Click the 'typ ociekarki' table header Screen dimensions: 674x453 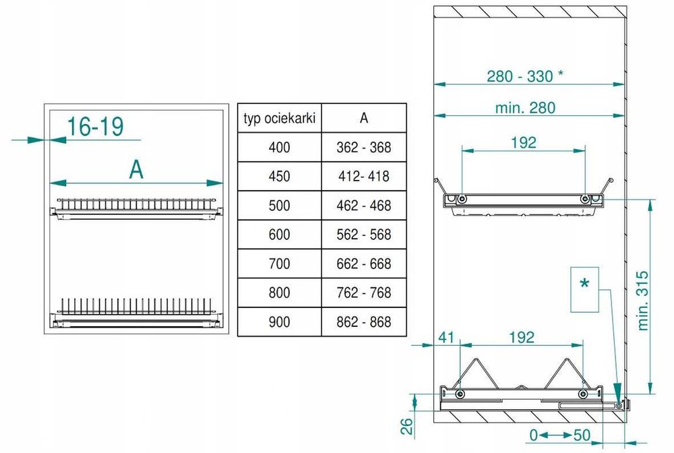[280, 118]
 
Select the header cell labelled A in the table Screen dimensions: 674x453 [364, 118]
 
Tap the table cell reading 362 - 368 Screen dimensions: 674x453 [364, 148]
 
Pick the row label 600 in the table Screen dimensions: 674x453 [280, 235]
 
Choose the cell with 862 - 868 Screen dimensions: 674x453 [364, 322]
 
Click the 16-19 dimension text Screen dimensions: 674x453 [96, 126]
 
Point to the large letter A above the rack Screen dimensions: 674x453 [136, 170]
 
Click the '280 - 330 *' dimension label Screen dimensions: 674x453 [525, 76]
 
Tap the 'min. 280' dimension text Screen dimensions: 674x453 [525, 107]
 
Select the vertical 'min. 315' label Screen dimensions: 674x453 [643, 301]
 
